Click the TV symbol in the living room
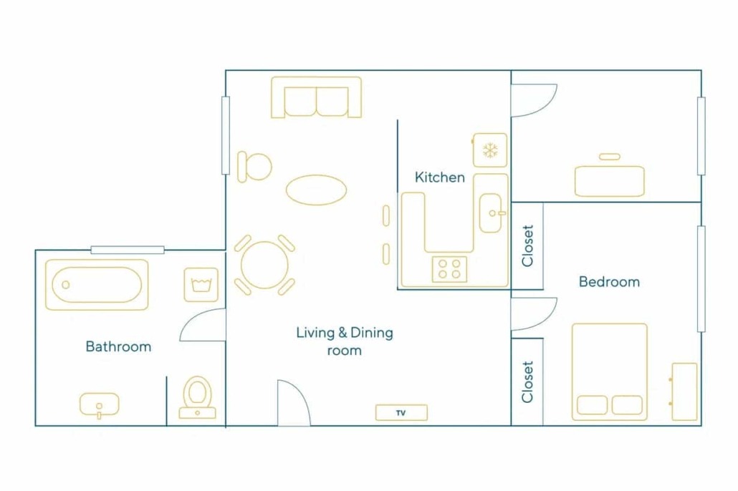tap(401, 412)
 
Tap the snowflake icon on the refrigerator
tap(490, 150)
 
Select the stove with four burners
tap(449, 269)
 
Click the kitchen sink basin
tap(490, 213)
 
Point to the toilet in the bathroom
tap(197, 397)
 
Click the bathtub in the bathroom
tap(97, 285)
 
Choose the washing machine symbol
tap(201, 285)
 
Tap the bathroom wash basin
tap(99, 405)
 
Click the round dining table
tap(264, 265)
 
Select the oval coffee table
tap(316, 190)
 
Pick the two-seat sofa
tap(316, 97)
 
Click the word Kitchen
tap(440, 178)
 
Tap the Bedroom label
tap(609, 282)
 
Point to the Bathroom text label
tap(118, 346)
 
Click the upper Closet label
tap(527, 245)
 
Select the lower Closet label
tap(527, 381)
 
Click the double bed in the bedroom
tap(610, 371)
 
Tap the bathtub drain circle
tap(66, 285)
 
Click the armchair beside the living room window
tap(254, 167)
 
